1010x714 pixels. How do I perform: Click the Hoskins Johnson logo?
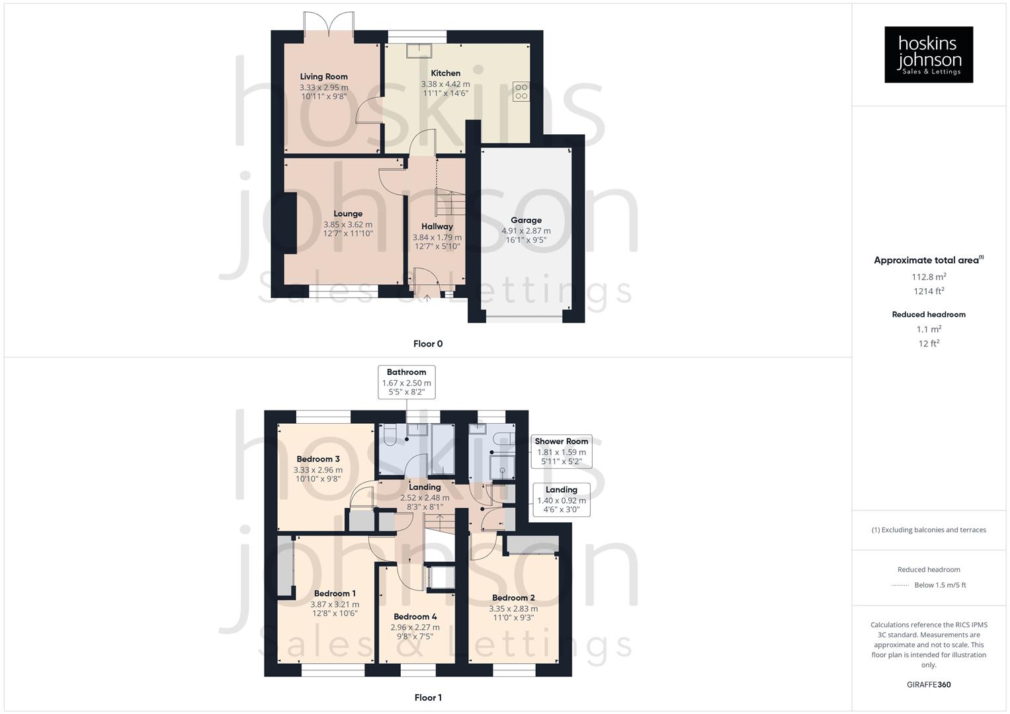tap(929, 55)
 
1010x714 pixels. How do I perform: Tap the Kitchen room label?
tap(445, 73)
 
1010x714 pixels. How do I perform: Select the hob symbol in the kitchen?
tap(521, 91)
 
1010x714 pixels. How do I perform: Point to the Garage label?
tap(526, 220)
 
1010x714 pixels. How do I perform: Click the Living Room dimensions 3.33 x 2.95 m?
tap(323, 87)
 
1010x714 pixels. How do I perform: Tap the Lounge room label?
tap(348, 214)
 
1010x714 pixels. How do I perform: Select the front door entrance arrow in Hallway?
tap(427, 298)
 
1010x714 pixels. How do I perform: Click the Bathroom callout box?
tap(406, 382)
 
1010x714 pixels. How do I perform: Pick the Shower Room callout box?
tap(561, 451)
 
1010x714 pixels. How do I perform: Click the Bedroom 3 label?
tap(318, 459)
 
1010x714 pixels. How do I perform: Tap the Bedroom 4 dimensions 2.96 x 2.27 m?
tap(415, 627)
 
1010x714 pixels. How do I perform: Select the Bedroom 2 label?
tap(513, 598)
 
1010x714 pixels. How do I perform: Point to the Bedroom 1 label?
tap(335, 593)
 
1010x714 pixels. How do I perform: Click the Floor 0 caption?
tap(428, 344)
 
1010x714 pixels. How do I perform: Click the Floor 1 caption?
tap(428, 697)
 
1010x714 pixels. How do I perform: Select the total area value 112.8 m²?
tap(929, 277)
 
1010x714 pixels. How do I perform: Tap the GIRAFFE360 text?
tap(929, 684)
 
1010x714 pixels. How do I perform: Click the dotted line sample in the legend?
tap(900, 585)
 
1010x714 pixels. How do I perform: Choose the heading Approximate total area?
tap(927, 260)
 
